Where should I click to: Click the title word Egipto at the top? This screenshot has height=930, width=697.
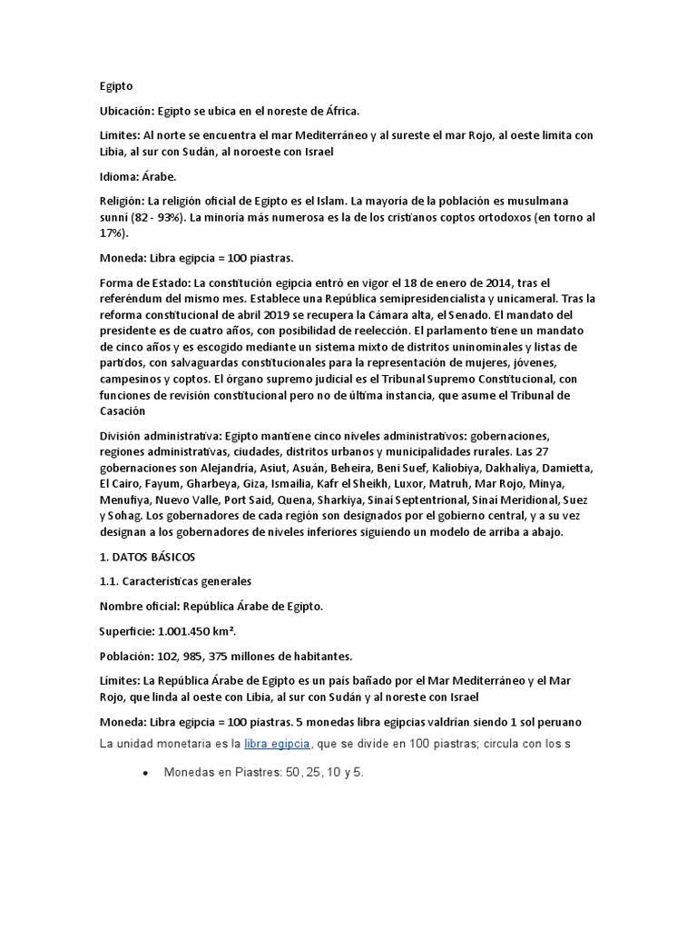point(116,86)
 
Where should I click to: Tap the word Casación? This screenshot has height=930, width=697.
point(123,411)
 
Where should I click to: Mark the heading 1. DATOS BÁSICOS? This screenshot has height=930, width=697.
point(147,556)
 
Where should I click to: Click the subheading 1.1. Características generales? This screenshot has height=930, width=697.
point(175,580)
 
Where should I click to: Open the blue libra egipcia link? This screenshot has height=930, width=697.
point(278,743)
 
